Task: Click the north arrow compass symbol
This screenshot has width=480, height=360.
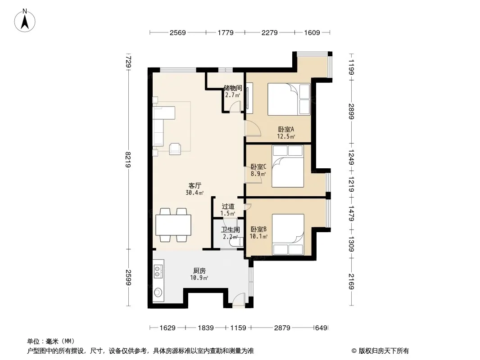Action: pyautogui.click(x=24, y=20)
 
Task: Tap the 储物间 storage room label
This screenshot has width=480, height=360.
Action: pyautogui.click(x=233, y=88)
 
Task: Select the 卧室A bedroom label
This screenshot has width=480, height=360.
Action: pyautogui.click(x=286, y=130)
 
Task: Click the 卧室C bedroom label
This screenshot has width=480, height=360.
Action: pyautogui.click(x=258, y=166)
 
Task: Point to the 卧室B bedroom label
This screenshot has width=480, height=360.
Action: pyautogui.click(x=258, y=229)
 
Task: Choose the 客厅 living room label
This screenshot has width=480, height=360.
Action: pyautogui.click(x=195, y=186)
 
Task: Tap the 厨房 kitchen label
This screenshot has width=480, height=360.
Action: pyautogui.click(x=199, y=271)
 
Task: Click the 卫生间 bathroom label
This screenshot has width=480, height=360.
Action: pyautogui.click(x=231, y=229)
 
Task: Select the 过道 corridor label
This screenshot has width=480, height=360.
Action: pyautogui.click(x=228, y=207)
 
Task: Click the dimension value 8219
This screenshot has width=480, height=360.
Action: pyautogui.click(x=128, y=160)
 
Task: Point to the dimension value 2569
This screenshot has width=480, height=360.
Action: pyautogui.click(x=178, y=32)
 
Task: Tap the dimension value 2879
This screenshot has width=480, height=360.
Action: pyautogui.click(x=282, y=328)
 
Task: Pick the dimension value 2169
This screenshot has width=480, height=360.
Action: pyautogui.click(x=351, y=281)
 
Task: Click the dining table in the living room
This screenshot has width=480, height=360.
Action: pyautogui.click(x=173, y=225)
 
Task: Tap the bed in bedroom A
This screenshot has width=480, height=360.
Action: pyautogui.click(x=289, y=99)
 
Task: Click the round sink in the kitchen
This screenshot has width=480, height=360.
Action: pyautogui.click(x=158, y=292)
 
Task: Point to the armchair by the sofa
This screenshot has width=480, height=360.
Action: pyautogui.click(x=176, y=148)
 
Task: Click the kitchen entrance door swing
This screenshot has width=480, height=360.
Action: pyautogui.click(x=239, y=298)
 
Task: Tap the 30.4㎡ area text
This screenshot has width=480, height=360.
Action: pyautogui.click(x=195, y=193)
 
